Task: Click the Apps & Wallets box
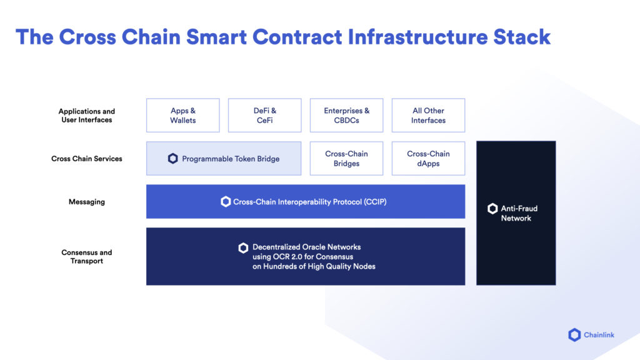183,115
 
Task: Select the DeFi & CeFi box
265,115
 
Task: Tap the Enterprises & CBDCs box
347,115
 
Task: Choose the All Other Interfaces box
428,115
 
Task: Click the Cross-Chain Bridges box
347,158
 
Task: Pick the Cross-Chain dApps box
428,158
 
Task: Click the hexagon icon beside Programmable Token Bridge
173,159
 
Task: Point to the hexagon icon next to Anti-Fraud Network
492,209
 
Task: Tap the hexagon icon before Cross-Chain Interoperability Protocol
226,202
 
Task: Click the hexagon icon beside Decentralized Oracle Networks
243,248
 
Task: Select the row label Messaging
87,202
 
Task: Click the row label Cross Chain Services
87,159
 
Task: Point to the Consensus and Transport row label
87,257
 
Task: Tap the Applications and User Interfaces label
87,116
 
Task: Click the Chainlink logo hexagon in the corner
574,335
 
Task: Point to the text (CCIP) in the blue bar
374,202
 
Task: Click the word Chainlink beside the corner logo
599,335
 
